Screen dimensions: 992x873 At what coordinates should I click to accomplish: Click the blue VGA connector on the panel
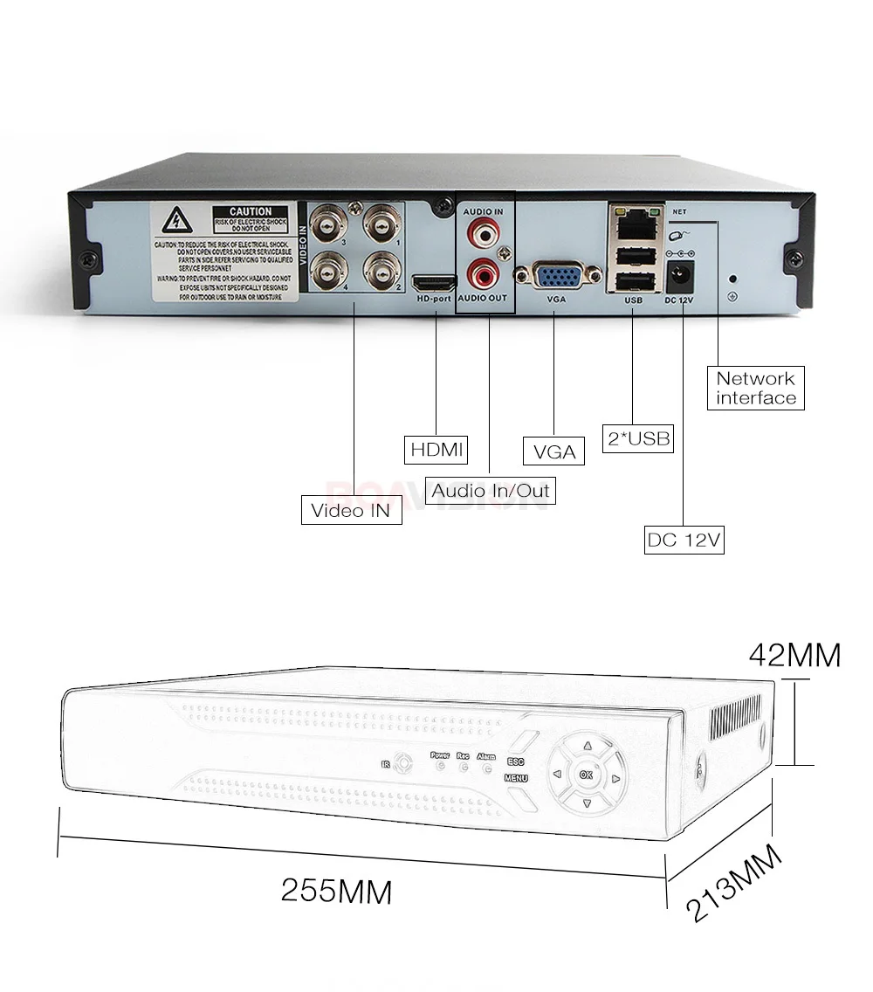(553, 278)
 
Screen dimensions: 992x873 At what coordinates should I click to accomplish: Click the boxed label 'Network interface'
(756, 388)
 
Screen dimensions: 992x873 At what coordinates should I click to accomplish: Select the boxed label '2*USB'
(638, 437)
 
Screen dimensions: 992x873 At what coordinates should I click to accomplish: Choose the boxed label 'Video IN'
(351, 510)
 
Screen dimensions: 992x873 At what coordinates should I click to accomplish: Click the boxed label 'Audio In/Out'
(491, 490)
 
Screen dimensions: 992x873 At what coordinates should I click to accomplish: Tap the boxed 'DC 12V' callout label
(684, 540)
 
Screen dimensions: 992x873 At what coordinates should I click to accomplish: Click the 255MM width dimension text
(336, 892)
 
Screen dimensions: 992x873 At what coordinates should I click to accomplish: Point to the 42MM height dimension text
(794, 654)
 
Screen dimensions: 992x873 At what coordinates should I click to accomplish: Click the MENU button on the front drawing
(516, 777)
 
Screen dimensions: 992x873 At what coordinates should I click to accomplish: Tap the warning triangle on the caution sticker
(178, 218)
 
